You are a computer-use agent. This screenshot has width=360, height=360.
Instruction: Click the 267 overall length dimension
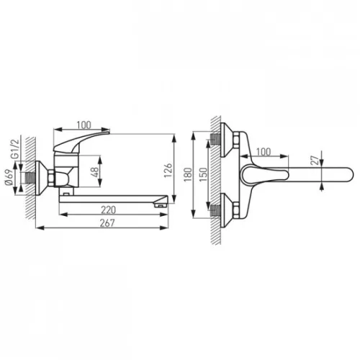pyautogui.click(x=107, y=223)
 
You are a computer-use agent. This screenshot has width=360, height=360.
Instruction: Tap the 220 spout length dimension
pyautogui.click(x=108, y=210)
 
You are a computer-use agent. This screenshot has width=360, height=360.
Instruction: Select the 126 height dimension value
pyautogui.click(x=168, y=170)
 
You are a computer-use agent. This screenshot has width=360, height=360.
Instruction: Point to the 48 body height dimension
pyautogui.click(x=95, y=172)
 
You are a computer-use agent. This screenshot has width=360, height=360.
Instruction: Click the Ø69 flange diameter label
pyautogui.click(x=9, y=177)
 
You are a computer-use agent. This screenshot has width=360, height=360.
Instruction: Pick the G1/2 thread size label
pyautogui.click(x=15, y=148)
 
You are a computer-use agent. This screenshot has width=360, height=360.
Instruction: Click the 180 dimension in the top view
pyautogui.click(x=189, y=174)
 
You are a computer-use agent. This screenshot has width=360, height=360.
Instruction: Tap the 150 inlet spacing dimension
pyautogui.click(x=203, y=174)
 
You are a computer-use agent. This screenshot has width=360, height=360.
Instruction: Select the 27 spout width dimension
pyautogui.click(x=315, y=160)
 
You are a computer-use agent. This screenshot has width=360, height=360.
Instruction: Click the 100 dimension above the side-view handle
pyautogui.click(x=84, y=125)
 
